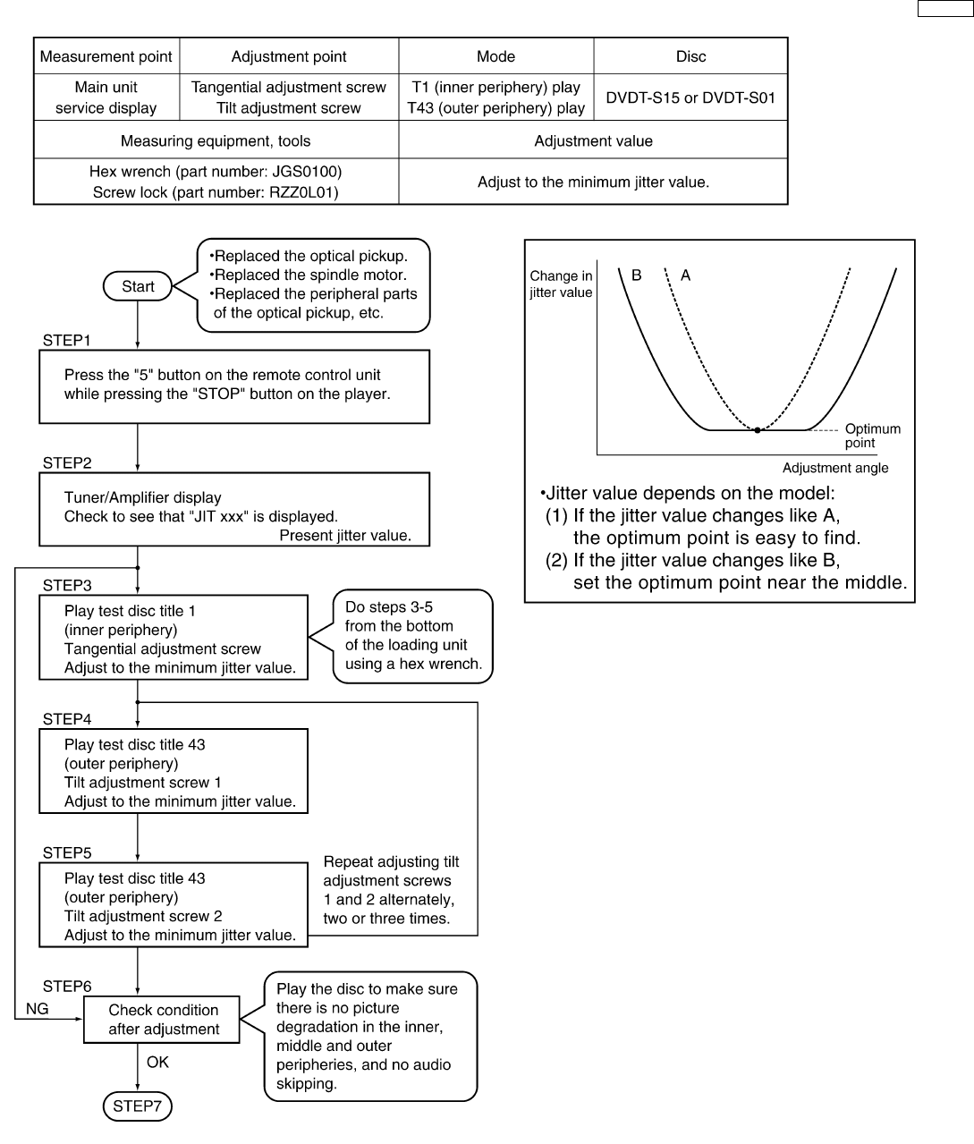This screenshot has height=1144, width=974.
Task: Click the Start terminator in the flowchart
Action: point(138,286)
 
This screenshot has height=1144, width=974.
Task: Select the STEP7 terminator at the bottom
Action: point(137,1106)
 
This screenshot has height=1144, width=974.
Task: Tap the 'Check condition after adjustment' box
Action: point(163,1020)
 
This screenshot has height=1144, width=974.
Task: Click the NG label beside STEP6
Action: point(37,1008)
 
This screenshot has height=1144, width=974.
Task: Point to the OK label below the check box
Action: point(157,1063)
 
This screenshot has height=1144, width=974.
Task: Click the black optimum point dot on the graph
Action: point(758,430)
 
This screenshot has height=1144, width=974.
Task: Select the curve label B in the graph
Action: point(636,275)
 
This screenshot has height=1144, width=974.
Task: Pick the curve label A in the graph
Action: point(685,275)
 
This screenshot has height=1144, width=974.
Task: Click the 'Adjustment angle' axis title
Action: point(834,468)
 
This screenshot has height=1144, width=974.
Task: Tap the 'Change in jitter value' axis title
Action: point(561,284)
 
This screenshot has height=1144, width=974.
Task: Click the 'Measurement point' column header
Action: point(106,56)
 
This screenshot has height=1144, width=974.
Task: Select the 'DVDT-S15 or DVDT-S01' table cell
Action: point(690,97)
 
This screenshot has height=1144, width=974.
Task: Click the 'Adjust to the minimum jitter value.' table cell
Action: point(592,182)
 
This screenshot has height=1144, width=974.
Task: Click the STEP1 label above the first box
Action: point(66,341)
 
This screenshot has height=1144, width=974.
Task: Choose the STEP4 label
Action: point(66,719)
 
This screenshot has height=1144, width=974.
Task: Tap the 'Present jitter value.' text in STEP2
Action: point(344,536)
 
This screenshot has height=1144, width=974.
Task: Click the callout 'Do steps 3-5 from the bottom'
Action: point(412,636)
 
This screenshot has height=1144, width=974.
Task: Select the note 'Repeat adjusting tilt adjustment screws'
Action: point(391,890)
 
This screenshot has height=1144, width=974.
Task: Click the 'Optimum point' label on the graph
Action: point(871,436)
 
